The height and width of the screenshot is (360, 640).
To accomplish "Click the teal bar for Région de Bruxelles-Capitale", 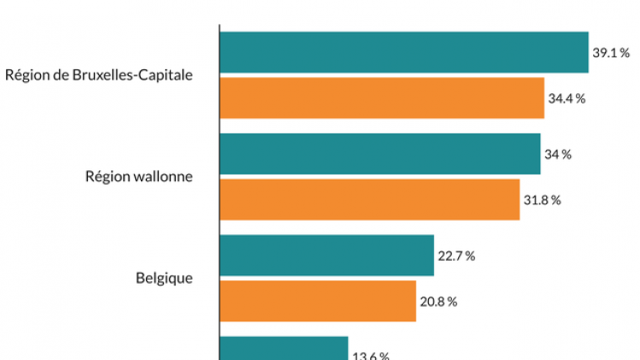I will click(403, 52).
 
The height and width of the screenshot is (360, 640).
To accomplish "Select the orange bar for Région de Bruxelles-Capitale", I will click(382, 97).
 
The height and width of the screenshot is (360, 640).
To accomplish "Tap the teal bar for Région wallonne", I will click(379, 154).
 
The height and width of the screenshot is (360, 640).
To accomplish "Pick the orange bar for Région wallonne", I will click(369, 199).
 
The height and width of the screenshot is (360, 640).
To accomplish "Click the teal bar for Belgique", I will click(326, 256).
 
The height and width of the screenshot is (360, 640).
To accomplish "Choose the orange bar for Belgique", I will click(317, 301).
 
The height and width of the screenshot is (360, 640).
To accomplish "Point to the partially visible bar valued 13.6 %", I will click(284, 349).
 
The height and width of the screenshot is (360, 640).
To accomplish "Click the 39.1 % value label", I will click(611, 53).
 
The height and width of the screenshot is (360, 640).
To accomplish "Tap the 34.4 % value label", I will click(567, 98).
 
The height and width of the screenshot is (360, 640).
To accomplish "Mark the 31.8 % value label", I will click(542, 200).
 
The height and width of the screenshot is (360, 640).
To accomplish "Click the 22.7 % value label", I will click(456, 256).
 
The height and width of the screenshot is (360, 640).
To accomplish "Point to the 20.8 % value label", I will click(438, 301).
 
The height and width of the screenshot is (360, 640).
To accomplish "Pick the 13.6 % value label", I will click(371, 356).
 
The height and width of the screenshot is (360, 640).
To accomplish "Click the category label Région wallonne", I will click(138, 177).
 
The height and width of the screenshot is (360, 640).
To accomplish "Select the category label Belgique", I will click(164, 278).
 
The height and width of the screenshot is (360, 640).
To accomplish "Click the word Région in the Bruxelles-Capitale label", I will click(26, 75).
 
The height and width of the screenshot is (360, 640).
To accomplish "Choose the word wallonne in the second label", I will click(162, 177).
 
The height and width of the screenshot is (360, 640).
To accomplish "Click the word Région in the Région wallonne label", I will click(107, 177).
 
